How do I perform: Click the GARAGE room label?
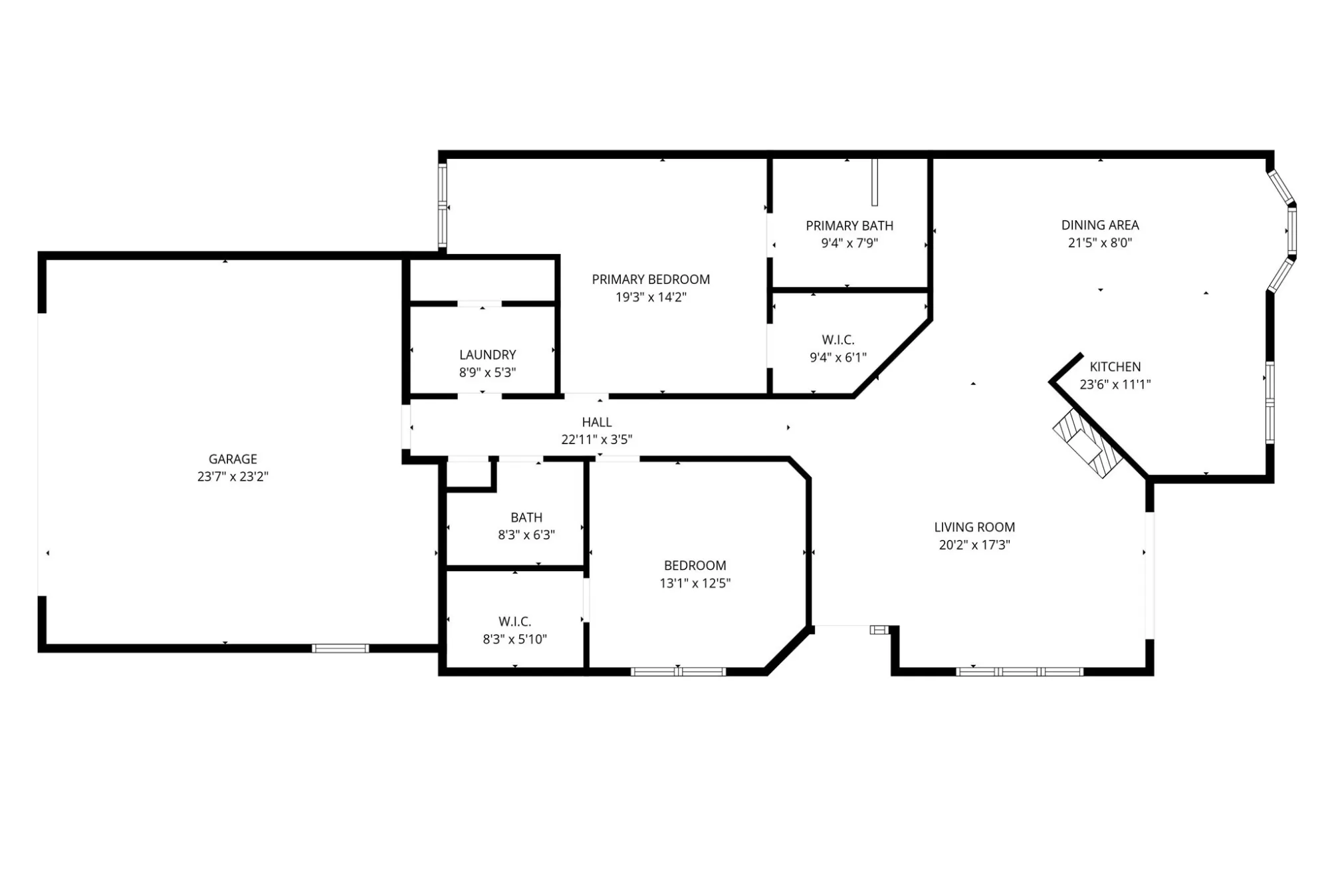(x=233, y=459)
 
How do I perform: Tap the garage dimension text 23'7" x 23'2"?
(x=233, y=477)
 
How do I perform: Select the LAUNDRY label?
(x=487, y=355)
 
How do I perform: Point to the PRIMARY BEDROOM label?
(x=651, y=279)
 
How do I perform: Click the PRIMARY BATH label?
(x=849, y=225)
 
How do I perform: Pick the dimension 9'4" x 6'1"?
(x=838, y=358)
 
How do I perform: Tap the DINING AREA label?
(x=1100, y=225)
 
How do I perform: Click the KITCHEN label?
(x=1115, y=366)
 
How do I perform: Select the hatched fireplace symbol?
(x=1088, y=443)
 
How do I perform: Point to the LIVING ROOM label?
(x=974, y=527)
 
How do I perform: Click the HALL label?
(x=597, y=422)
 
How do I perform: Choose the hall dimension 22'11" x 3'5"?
(x=597, y=440)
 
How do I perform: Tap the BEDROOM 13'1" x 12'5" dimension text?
(x=695, y=583)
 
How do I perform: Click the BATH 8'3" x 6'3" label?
(x=526, y=526)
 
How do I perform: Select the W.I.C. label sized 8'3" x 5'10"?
(x=515, y=630)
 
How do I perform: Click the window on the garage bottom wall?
(x=340, y=648)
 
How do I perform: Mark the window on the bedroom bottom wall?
(x=679, y=672)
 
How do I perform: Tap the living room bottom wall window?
(x=1020, y=672)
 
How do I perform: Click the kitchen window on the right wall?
(x=1270, y=403)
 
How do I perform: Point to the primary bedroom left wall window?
(x=442, y=205)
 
